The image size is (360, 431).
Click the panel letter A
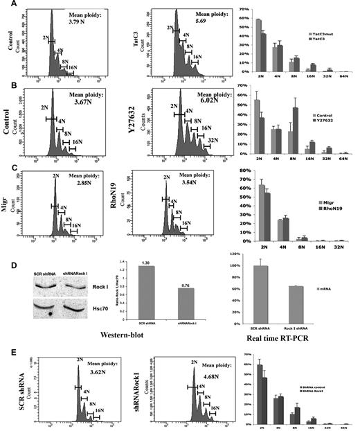pos(5,6)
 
